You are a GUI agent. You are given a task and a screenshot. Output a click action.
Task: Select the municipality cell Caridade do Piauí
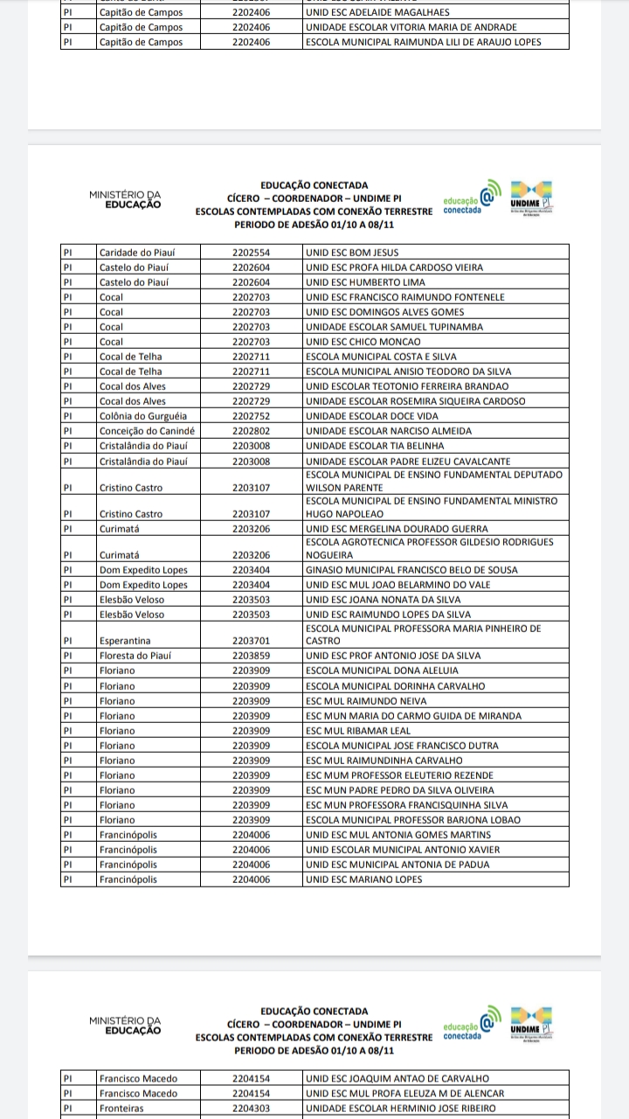[137, 253]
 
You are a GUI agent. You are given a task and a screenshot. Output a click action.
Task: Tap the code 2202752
[251, 416]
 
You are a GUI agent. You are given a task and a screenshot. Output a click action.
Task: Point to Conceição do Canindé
[146, 431]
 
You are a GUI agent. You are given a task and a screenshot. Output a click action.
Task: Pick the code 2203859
[251, 656]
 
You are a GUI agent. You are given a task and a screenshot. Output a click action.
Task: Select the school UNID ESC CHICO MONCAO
[363, 342]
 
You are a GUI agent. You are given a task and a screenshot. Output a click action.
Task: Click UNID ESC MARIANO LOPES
[363, 879]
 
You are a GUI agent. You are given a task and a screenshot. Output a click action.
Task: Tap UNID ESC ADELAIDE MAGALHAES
[377, 12]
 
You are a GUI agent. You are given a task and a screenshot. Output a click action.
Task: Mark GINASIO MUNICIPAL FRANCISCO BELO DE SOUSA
[411, 570]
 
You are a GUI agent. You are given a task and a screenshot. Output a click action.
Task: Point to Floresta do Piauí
[135, 656]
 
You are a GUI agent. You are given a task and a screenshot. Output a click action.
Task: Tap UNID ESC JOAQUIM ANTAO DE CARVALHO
[397, 1079]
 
